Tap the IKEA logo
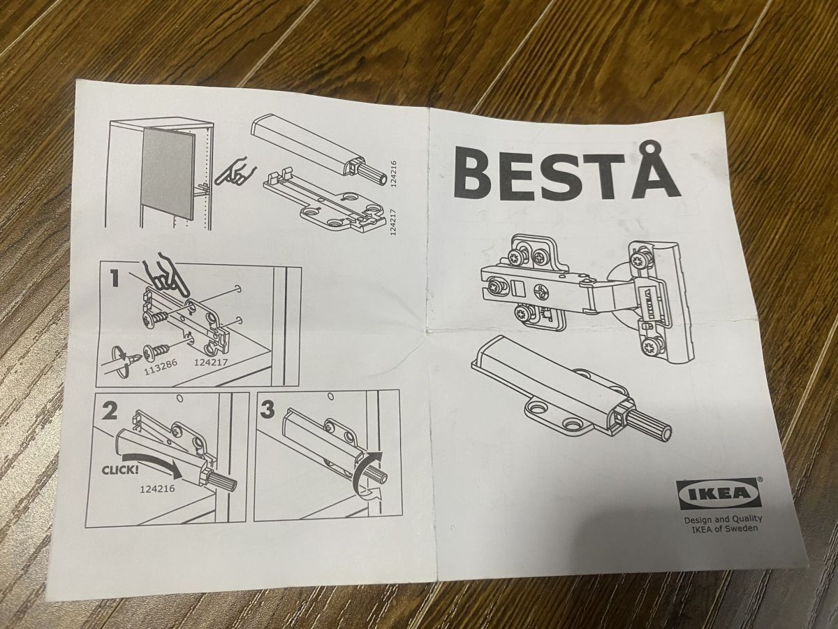tap(719, 493)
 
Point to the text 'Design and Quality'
tap(723, 520)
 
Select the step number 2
tap(109, 411)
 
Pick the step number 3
tap(267, 410)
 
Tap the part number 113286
tap(161, 368)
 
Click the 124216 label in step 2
tap(157, 489)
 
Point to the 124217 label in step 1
tap(210, 361)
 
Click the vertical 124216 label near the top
tap(395, 174)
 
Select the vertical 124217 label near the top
tap(394, 222)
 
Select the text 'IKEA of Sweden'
tap(726, 529)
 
